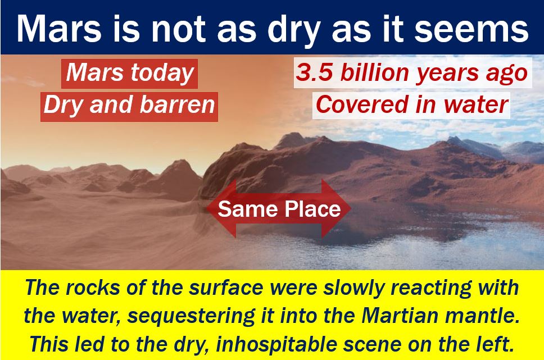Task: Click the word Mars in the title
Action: coord(60,29)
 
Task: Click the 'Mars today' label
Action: coord(129,73)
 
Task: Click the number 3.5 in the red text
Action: coord(314,73)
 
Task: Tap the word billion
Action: coord(374,72)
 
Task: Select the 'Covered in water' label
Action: coord(411,105)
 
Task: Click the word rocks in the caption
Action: coord(98,288)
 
